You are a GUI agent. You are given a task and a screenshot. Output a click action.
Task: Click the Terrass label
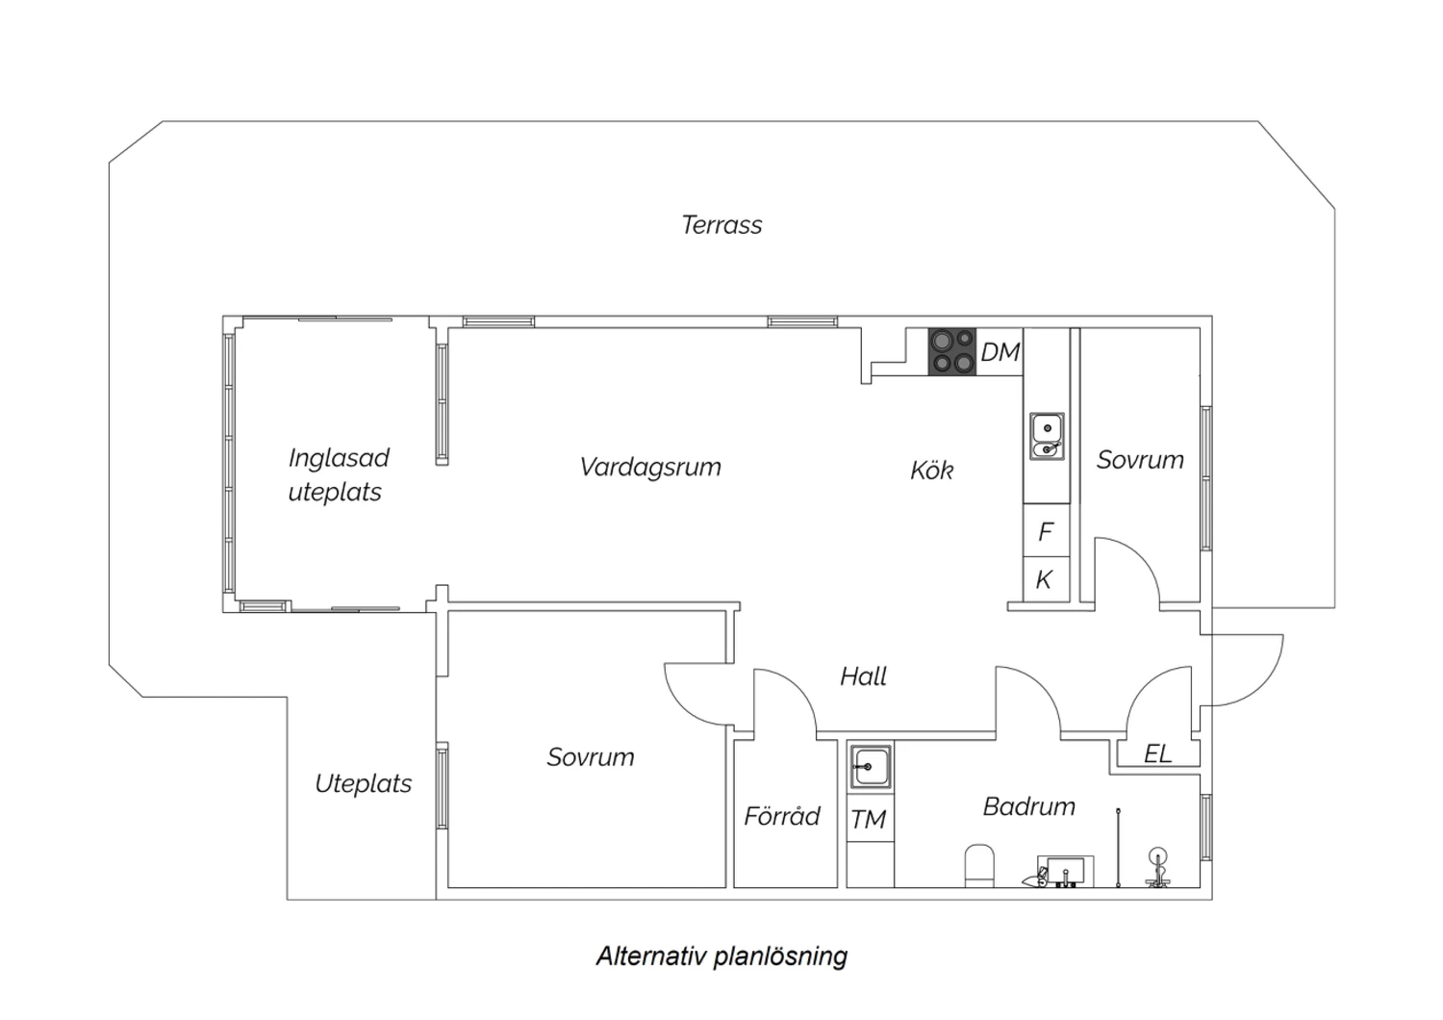(721, 225)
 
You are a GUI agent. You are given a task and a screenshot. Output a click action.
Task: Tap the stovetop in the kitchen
(952, 352)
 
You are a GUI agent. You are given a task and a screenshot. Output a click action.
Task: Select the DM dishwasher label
(1000, 352)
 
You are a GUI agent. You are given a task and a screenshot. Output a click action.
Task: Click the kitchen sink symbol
(1047, 436)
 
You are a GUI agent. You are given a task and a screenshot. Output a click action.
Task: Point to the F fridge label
(1046, 531)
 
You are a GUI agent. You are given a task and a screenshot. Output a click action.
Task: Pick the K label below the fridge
(1044, 580)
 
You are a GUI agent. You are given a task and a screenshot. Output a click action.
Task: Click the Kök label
(931, 470)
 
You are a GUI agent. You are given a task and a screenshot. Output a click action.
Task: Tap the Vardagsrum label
(650, 468)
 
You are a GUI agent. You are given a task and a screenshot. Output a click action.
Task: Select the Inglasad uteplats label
(339, 475)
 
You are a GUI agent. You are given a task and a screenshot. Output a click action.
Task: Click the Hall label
(863, 676)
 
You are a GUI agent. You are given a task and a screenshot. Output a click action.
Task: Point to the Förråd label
(782, 816)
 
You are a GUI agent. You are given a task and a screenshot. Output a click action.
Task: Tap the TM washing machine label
(869, 820)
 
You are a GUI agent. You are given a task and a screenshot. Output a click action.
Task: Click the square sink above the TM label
(871, 767)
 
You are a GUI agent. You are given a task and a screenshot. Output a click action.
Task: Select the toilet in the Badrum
(979, 866)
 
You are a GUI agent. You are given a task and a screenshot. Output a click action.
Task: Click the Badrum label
(1028, 806)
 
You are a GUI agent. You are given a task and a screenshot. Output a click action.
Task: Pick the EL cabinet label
(1157, 753)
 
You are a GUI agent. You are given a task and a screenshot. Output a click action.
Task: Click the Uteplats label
(364, 784)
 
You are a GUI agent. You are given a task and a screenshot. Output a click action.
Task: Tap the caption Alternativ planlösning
(721, 956)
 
